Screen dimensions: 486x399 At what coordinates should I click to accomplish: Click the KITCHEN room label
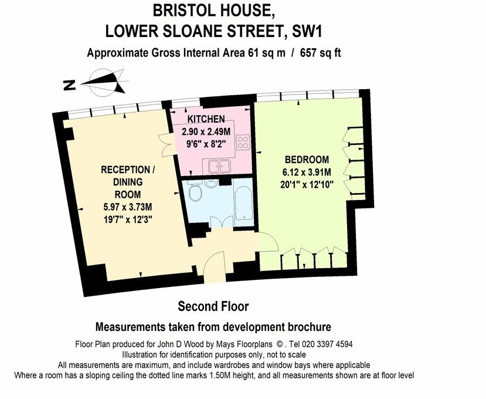tap(206, 119)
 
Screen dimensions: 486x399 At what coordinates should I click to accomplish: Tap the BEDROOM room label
tap(307, 160)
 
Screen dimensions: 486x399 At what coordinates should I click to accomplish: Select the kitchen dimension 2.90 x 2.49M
tap(206, 131)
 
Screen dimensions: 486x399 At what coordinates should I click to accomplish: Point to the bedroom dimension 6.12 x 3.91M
tap(307, 172)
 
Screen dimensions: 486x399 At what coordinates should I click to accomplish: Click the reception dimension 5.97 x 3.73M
tap(128, 207)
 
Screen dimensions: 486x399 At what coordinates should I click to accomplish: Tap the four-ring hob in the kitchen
tap(242, 142)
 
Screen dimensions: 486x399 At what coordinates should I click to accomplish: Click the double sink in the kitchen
tap(219, 167)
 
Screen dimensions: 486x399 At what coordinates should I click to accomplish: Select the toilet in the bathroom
tap(195, 191)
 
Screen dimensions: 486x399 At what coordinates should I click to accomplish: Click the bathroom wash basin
tap(212, 184)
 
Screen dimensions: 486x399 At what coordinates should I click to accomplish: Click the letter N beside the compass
tap(70, 85)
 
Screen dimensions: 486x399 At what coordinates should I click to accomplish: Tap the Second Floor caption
tap(213, 306)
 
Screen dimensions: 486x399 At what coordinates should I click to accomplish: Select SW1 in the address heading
tap(307, 32)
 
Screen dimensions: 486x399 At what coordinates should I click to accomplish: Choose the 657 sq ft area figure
tap(320, 53)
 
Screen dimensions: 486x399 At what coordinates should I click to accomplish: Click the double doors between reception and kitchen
tap(166, 145)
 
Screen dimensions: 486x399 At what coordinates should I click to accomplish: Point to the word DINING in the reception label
tap(128, 182)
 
